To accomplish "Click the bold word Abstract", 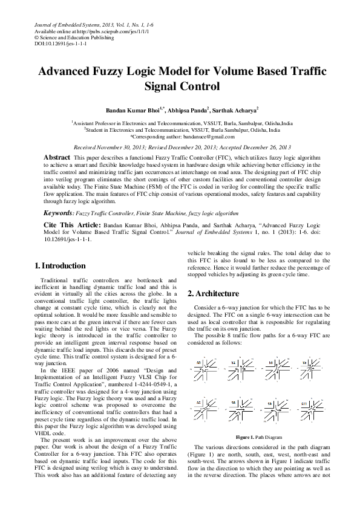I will [56, 157].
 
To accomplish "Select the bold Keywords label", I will [58, 213].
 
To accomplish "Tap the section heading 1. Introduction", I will [60, 266].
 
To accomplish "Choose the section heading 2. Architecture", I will [213, 293].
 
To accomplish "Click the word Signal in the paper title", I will [163, 86].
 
